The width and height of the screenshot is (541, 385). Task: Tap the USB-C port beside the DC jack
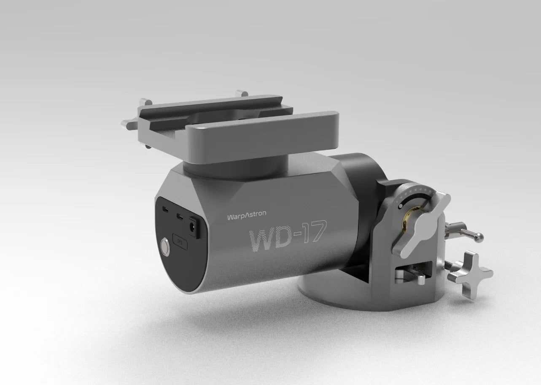[180, 218]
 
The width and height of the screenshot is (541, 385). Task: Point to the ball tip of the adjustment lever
[480, 238]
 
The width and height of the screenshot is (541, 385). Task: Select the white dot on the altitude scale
[400, 206]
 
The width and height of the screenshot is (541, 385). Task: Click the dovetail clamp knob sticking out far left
[127, 124]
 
